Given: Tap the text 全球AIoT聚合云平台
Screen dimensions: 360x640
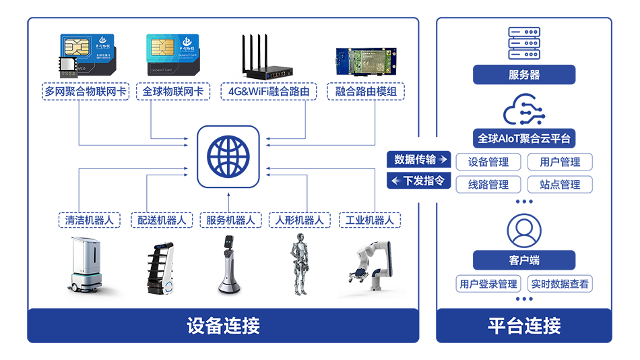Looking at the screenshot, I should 524,138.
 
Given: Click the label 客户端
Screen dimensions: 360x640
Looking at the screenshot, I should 524,260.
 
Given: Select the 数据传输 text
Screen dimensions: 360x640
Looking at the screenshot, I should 414,160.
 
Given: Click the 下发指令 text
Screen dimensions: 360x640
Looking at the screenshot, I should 424,181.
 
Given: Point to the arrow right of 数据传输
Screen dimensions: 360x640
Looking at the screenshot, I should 443,160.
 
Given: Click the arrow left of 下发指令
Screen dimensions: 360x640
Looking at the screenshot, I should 396,181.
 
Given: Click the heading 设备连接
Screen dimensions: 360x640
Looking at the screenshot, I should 223,326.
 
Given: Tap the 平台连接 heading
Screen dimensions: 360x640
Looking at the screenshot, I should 524,326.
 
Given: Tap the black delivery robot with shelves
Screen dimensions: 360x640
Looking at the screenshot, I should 162,268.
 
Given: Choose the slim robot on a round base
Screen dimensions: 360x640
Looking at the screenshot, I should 230,264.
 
